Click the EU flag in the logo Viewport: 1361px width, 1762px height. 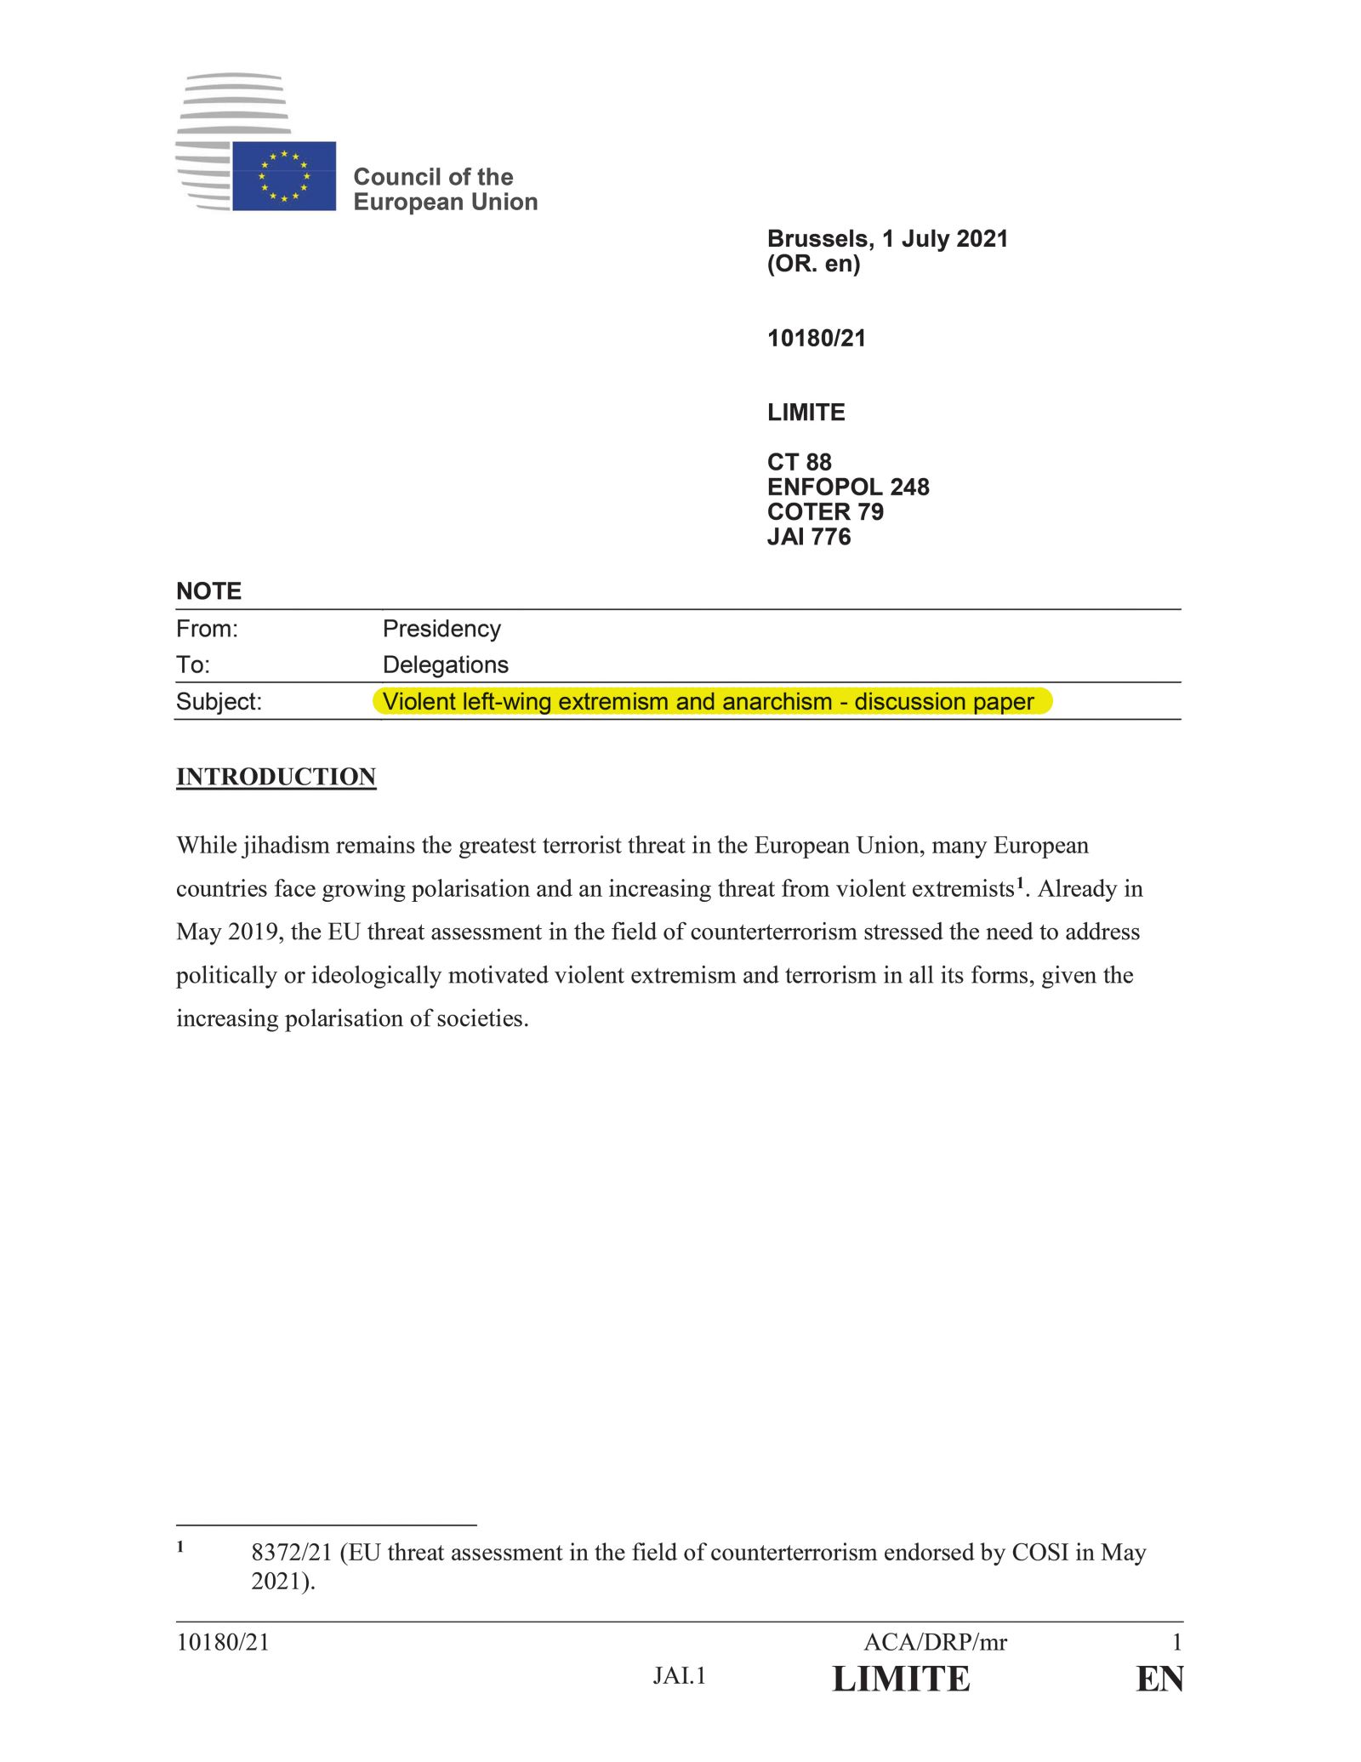click(x=284, y=176)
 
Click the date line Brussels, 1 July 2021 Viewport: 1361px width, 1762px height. click(x=887, y=238)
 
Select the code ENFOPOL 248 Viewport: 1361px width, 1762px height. click(x=848, y=487)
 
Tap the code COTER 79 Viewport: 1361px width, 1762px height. click(x=825, y=511)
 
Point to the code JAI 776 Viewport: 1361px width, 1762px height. click(x=808, y=537)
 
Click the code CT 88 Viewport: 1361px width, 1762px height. click(x=799, y=462)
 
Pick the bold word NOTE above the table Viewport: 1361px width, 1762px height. click(x=208, y=591)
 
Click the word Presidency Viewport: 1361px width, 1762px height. click(x=441, y=629)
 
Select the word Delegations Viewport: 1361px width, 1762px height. click(x=445, y=664)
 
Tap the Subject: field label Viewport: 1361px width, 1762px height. click(x=219, y=702)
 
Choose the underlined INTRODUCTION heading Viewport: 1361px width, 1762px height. click(x=276, y=777)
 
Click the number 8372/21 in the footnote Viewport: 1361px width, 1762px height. click(x=291, y=1553)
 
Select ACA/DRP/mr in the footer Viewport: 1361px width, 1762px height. click(x=935, y=1643)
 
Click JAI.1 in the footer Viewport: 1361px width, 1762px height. click(x=680, y=1676)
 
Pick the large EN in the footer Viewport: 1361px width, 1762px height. click(x=1159, y=1679)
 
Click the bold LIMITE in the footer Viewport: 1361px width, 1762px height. click(x=901, y=1679)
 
